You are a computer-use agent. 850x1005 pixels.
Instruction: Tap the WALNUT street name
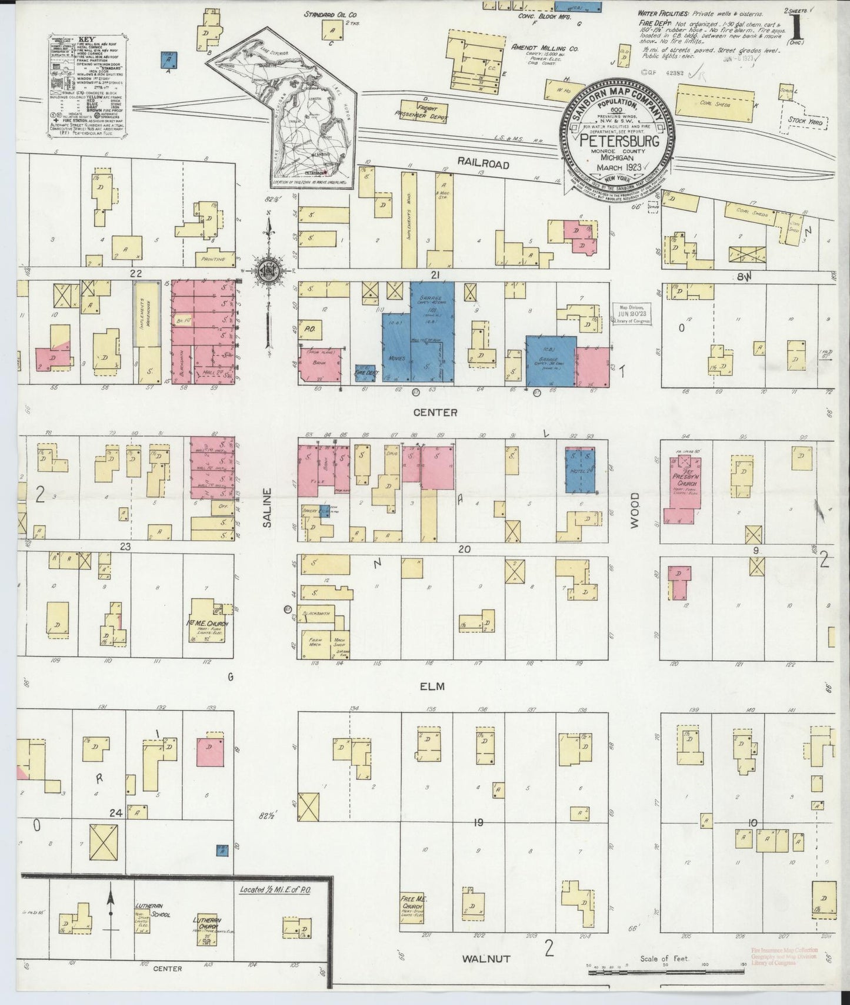485,959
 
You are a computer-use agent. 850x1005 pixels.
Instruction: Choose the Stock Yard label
804,120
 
